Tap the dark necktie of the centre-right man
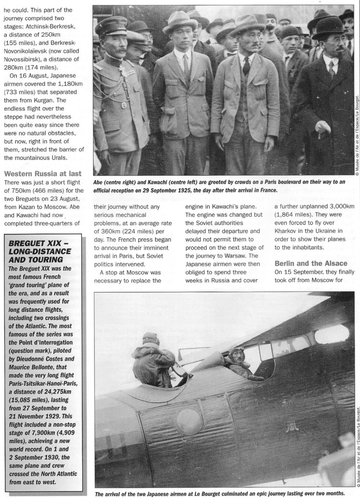tap(246, 65)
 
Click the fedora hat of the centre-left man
tap(180, 22)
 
